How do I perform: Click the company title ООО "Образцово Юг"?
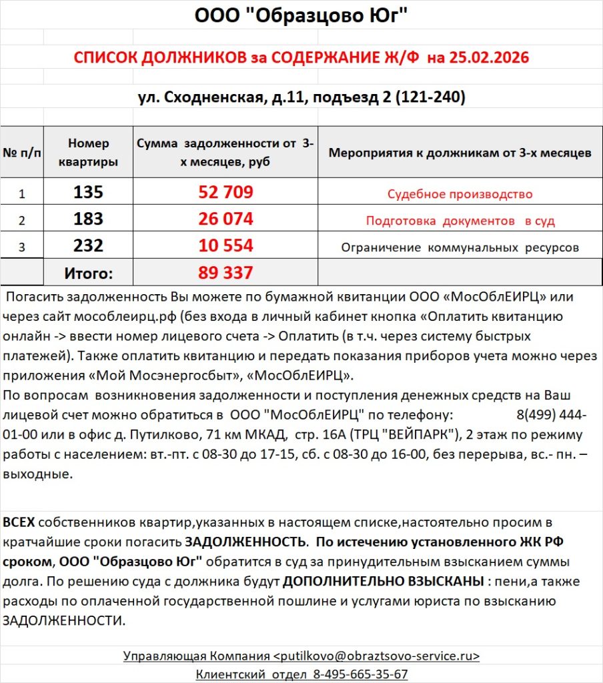301,15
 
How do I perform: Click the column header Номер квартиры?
89,153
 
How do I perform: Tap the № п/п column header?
22,153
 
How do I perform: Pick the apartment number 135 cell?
89,193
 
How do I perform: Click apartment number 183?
89,219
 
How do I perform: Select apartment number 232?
89,246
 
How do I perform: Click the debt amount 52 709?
225,193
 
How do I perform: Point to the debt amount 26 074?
225,219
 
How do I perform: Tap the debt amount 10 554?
225,246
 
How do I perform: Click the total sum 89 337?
225,273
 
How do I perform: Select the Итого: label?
89,273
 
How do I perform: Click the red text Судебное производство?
460,194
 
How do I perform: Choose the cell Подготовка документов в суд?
460,221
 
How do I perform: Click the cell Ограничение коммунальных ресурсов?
460,247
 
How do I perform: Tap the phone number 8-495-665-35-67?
360,674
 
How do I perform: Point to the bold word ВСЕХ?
19,522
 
